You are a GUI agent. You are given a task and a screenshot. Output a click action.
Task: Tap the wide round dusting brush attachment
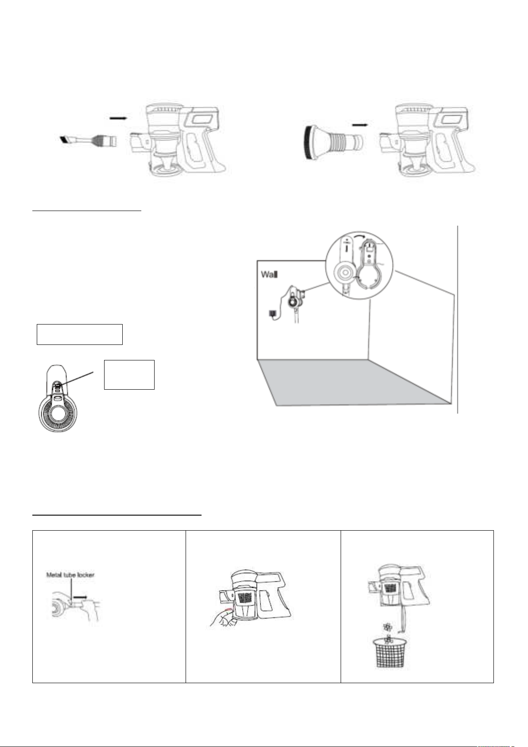click(333, 142)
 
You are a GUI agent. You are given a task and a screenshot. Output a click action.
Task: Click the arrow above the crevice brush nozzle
click(118, 118)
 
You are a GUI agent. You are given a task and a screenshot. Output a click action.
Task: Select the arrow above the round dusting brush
click(361, 125)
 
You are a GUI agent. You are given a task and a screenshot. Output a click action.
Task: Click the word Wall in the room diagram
click(269, 274)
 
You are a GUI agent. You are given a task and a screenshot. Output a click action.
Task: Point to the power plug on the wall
click(272, 314)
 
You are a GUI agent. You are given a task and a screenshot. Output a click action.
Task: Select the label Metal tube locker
click(70, 575)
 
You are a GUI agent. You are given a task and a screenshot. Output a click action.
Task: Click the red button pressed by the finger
click(228, 610)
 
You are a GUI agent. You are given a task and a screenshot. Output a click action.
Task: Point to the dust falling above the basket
click(387, 632)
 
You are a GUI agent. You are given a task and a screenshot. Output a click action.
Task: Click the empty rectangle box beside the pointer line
click(129, 375)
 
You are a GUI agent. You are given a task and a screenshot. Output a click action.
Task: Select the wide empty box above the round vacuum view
click(80, 334)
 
